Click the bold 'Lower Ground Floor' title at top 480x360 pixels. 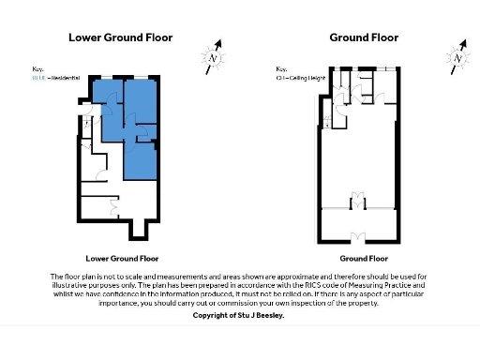tap(121, 37)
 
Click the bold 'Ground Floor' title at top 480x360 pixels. tap(364, 37)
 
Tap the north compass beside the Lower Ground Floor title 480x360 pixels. tap(214, 56)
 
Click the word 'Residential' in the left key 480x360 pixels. tap(65, 76)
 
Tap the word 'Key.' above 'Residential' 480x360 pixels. tap(38, 68)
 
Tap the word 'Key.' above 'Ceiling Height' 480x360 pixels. tap(281, 68)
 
